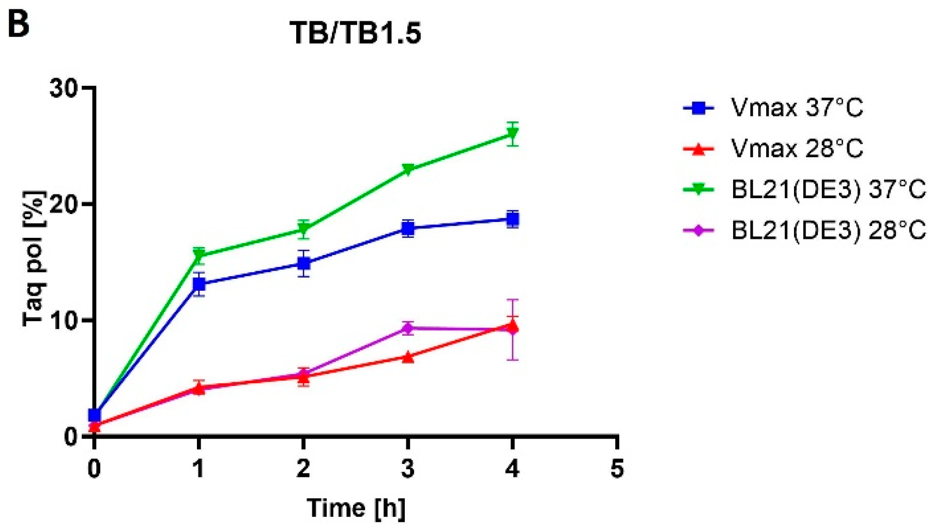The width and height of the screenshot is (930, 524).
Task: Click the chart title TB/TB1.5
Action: point(355,33)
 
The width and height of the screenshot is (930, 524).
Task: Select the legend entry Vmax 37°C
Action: point(796,108)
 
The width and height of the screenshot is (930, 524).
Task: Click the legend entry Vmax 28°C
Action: point(796,149)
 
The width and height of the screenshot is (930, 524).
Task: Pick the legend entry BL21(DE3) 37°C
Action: point(828,190)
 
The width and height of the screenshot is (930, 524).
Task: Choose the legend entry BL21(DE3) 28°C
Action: point(828,231)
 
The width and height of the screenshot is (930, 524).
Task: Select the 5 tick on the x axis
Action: point(617,469)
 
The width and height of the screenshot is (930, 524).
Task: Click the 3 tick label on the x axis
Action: point(408,469)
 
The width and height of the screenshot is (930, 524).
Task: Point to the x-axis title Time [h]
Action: point(356,508)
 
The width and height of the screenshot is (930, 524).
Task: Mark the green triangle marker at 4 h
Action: point(512,135)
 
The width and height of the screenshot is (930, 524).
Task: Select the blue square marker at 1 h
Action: point(199,284)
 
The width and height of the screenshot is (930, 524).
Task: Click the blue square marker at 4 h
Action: point(512,219)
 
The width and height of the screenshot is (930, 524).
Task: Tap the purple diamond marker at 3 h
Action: point(408,328)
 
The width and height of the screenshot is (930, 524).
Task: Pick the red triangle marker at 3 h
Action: point(408,357)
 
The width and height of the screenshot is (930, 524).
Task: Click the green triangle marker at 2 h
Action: point(304,229)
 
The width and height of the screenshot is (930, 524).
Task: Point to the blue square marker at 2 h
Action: point(304,264)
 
